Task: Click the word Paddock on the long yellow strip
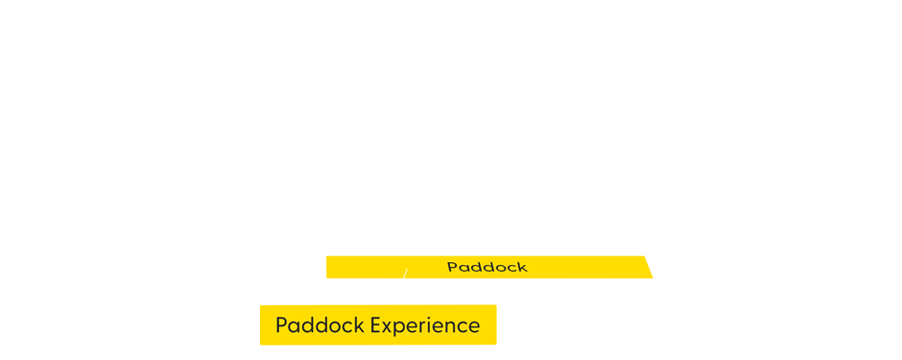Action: click(487, 267)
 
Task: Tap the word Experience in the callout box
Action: click(425, 325)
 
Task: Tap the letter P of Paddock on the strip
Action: click(452, 267)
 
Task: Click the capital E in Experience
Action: click(376, 325)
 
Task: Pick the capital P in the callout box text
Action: click(281, 325)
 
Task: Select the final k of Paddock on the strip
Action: click(523, 267)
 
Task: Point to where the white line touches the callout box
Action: click(394, 304)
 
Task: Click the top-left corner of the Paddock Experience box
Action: click(260, 305)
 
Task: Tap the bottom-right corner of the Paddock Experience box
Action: click(495, 344)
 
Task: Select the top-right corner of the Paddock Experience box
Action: click(495, 305)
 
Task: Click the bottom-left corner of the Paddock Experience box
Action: click(260, 344)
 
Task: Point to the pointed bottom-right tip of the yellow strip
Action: click(653, 277)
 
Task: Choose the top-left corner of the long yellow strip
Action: click(326, 256)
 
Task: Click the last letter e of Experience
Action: click(474, 326)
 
